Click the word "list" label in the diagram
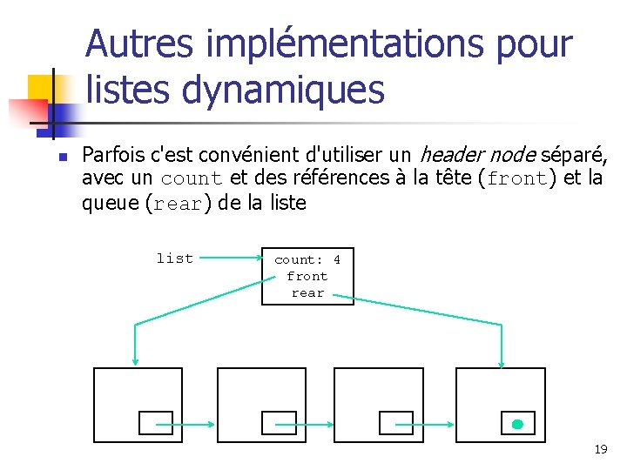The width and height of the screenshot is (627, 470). pos(174,258)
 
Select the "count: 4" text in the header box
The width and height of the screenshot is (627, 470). pos(307,259)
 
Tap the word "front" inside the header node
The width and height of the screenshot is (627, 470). pos(307,276)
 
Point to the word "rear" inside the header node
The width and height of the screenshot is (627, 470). pos(307,292)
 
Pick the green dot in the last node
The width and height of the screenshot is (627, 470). pos(516,425)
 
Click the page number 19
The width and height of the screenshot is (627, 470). pos(600,449)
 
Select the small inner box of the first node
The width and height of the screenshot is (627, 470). pos(156,422)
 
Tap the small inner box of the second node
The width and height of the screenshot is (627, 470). pos(279,422)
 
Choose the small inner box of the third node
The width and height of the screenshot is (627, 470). pos(395,422)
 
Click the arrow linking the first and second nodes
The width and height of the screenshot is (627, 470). pos(185,425)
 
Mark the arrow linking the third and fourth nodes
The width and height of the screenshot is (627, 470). pos(424,425)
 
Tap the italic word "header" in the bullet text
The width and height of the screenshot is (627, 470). pos(449,156)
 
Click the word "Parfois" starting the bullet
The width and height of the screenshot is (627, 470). pos(113,156)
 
